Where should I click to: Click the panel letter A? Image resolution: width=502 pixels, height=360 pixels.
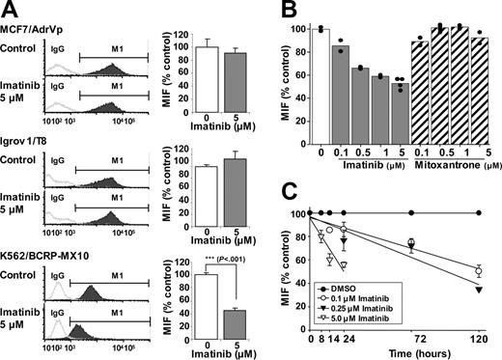coord(9,9)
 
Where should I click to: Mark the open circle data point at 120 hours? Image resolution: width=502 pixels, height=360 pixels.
coord(479,271)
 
